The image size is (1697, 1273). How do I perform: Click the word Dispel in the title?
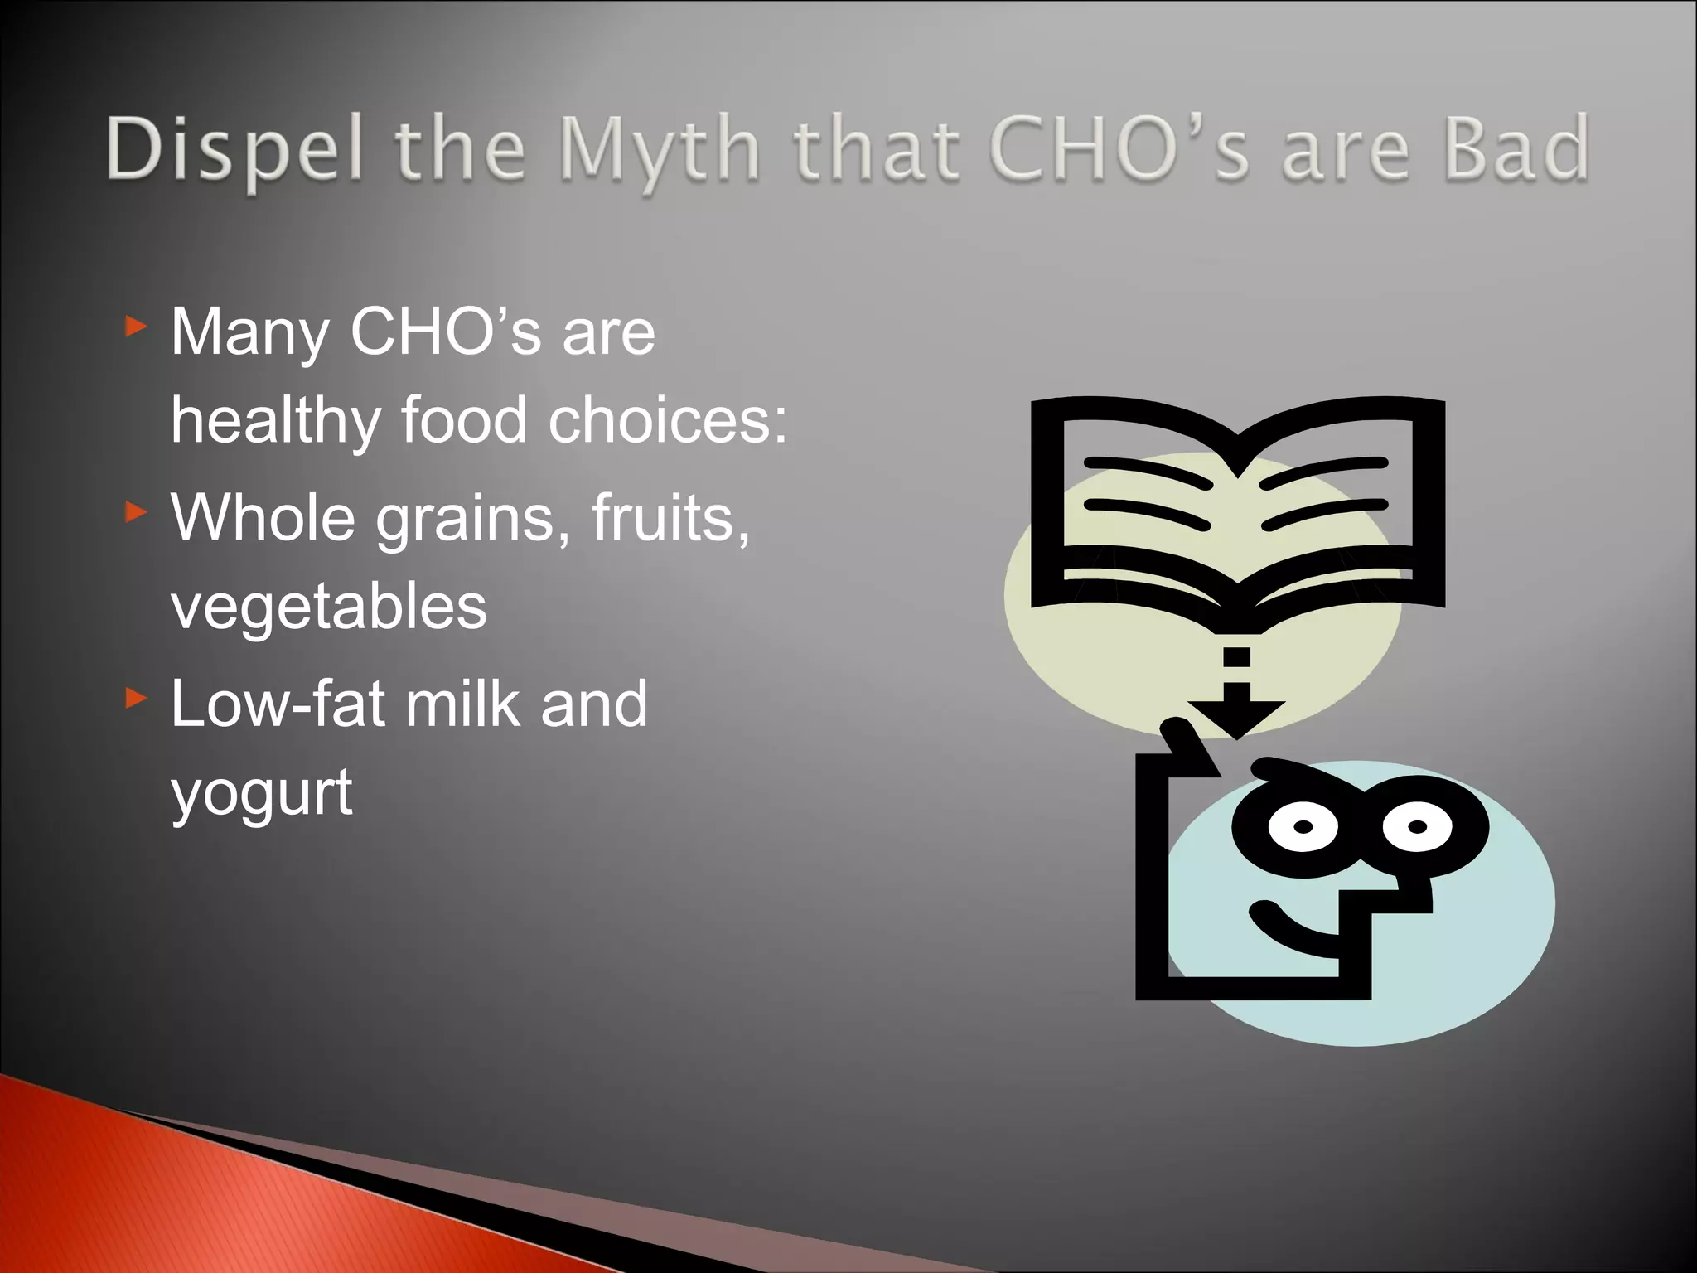(235, 150)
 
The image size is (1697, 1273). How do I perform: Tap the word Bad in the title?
(1516, 148)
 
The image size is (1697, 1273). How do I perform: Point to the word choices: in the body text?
(668, 420)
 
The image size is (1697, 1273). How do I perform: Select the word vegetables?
(329, 607)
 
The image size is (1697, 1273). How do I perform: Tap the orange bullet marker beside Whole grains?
(136, 513)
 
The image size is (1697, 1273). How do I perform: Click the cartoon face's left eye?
(1303, 826)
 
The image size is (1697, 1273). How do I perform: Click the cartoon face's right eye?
(1417, 826)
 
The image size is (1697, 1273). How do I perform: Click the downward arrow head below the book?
(1236, 715)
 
